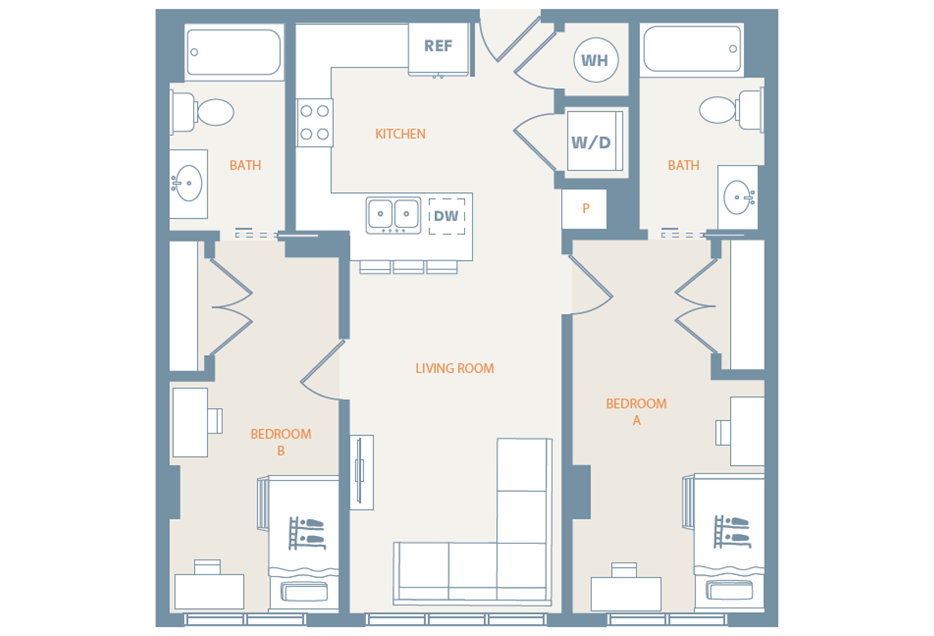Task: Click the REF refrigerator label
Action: click(438, 46)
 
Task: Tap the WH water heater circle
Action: click(596, 60)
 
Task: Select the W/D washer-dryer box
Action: click(594, 141)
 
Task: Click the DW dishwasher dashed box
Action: click(447, 216)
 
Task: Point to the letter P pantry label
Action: click(586, 208)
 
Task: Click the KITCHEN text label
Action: click(400, 134)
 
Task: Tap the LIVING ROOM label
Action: click(454, 368)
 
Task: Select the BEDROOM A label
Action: click(636, 412)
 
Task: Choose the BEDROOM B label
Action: click(281, 442)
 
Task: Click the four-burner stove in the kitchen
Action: click(315, 123)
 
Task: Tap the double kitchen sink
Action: click(393, 215)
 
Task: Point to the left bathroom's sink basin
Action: click(188, 183)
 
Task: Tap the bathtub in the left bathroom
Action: click(234, 52)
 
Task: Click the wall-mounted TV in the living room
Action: click(361, 472)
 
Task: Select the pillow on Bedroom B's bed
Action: click(304, 592)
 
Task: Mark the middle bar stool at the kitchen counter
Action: click(409, 268)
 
